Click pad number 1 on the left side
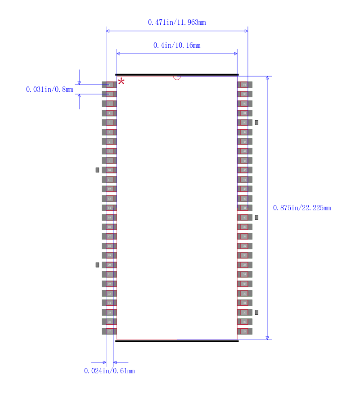109,85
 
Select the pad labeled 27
109,331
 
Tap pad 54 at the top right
244,85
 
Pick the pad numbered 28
244,331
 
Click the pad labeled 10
109,170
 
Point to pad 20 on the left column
109,265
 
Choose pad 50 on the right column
244,122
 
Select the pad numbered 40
244,218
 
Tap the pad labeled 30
244,312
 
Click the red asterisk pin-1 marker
121,82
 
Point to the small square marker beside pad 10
97,170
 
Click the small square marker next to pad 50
256,122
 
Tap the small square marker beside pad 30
256,312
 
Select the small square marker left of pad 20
97,265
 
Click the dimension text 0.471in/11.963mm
177,22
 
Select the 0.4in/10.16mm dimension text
177,45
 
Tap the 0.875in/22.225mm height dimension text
302,208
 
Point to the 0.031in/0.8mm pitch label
49,90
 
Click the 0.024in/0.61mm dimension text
109,371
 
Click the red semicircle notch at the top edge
177,77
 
